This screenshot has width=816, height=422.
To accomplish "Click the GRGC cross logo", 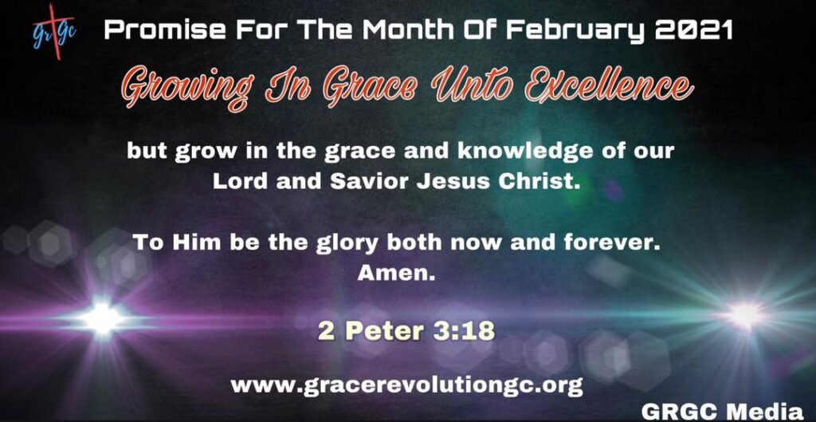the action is coord(54,31).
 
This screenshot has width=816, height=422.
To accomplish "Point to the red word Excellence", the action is coord(608,89).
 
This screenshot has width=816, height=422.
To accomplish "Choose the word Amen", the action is coord(396,274).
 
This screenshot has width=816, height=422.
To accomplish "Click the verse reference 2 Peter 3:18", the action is coord(406,330).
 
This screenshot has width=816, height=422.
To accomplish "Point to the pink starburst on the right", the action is coord(746,314).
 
